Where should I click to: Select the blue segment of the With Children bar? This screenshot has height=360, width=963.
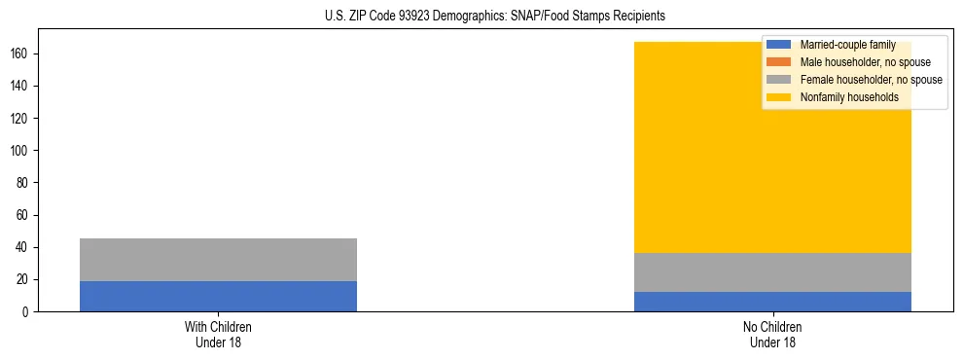click(218, 296)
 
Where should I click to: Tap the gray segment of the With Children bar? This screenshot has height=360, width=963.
click(218, 260)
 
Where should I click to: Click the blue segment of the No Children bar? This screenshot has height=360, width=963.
click(772, 302)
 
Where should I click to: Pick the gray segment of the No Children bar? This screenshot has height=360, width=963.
click(772, 272)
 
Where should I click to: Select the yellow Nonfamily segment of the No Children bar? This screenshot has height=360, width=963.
click(681, 146)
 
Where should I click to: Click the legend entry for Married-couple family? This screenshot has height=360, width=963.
click(847, 45)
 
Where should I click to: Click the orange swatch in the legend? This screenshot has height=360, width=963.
click(779, 62)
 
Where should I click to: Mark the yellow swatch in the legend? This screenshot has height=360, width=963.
click(779, 97)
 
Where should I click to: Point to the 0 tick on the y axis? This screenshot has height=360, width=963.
click(26, 312)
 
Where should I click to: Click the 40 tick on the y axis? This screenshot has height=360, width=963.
click(23, 247)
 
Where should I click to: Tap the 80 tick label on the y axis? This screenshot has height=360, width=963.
click(23, 183)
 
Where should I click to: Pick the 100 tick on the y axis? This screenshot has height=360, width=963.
click(20, 151)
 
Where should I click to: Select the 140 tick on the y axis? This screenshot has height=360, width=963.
click(20, 87)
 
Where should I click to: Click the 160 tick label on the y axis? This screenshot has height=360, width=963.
click(20, 54)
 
